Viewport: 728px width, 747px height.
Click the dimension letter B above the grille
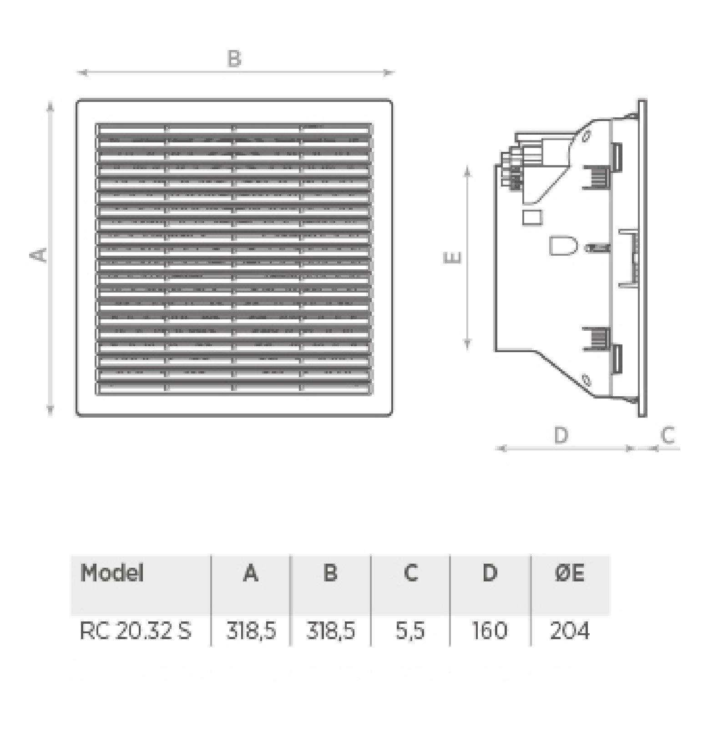click(x=234, y=59)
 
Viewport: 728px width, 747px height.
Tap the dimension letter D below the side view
click(x=561, y=435)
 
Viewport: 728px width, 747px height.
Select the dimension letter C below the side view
click(x=667, y=435)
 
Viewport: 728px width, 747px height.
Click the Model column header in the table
click(x=112, y=573)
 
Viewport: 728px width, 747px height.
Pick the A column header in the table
click(x=251, y=573)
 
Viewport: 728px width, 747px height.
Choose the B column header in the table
click(x=331, y=573)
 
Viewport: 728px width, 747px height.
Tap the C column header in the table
click(x=411, y=573)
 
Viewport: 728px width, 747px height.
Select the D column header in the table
click(x=490, y=573)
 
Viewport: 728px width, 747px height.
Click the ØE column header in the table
click(x=570, y=573)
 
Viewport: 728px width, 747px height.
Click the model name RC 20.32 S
click(x=136, y=631)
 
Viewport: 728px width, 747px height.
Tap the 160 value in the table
click(x=490, y=631)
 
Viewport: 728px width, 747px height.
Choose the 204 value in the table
click(x=570, y=631)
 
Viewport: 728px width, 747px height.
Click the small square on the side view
click(x=532, y=217)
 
